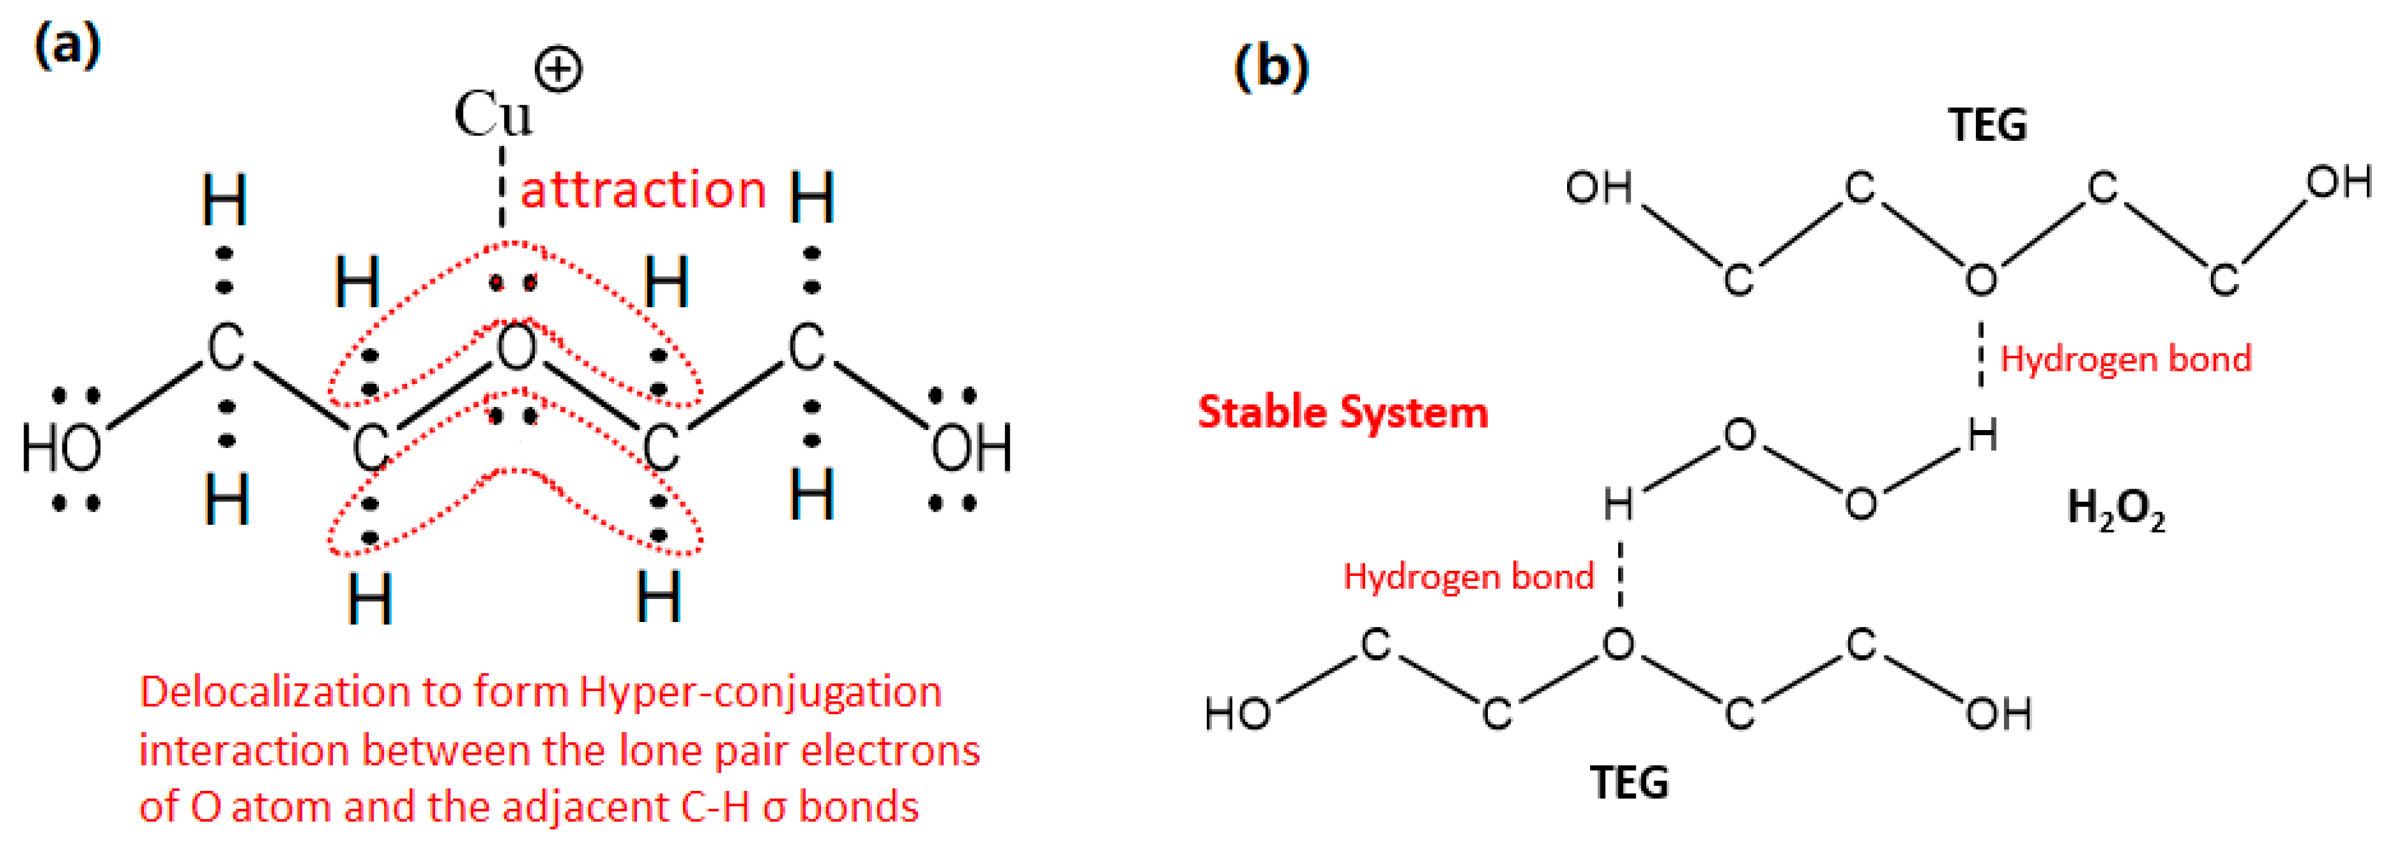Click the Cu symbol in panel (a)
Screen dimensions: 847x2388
(492, 115)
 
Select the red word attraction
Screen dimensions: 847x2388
(643, 190)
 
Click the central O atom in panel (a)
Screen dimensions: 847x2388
(516, 350)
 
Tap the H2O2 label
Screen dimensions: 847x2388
(2116, 509)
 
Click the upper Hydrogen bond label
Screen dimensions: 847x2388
(2126, 358)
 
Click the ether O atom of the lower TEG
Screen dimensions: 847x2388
(1619, 643)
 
